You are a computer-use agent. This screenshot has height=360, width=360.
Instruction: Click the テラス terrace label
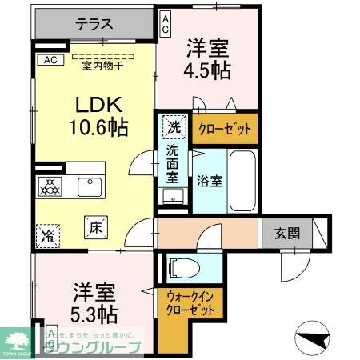(94, 24)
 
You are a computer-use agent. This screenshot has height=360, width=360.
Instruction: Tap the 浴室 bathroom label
(211, 180)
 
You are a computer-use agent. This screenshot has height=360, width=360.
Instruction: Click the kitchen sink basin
(88, 187)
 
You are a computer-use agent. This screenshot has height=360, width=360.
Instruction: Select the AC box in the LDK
(50, 59)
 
